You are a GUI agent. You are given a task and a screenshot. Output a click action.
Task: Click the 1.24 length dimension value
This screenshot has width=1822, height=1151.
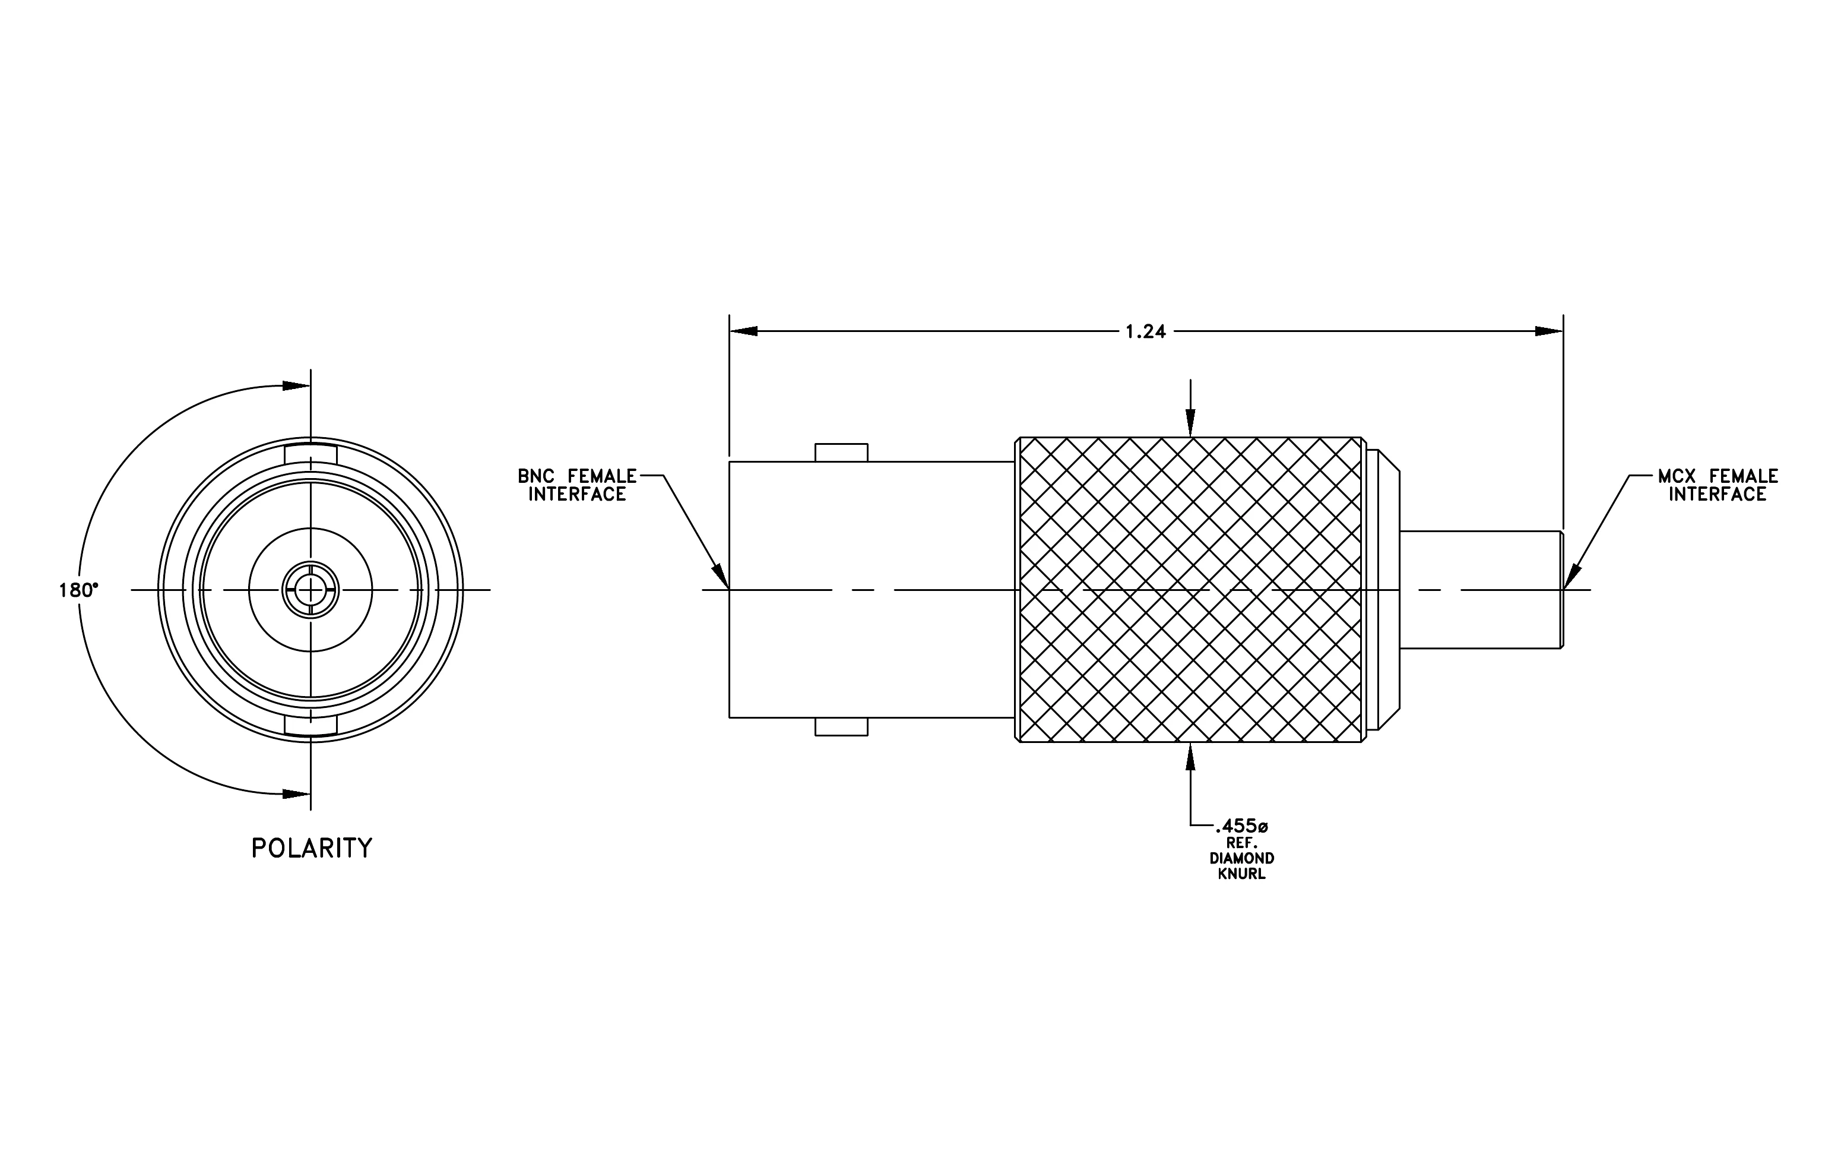pos(1146,331)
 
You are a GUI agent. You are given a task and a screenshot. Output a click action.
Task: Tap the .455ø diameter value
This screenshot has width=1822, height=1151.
pos(1241,826)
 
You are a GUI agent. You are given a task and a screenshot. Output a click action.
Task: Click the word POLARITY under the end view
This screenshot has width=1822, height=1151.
pos(312,848)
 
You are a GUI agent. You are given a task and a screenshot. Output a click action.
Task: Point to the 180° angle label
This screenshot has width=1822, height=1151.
pos(79,590)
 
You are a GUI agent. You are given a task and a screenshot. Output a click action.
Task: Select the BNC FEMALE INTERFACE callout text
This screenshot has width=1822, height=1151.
pos(577,485)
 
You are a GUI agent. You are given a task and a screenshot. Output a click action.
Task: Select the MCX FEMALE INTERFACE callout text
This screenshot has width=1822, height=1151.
pos(1718,485)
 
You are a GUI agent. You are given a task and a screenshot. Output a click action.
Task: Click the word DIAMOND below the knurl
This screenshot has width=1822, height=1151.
pos(1241,858)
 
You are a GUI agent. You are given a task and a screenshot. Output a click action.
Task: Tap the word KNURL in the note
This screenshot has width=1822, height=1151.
pos(1241,874)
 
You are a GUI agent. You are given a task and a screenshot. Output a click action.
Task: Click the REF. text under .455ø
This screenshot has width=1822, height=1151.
pos(1241,842)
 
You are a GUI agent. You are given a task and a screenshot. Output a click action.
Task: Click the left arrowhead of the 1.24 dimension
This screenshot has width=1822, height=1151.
pos(743,331)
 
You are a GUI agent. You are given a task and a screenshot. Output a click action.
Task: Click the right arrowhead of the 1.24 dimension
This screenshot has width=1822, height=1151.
pos(1549,331)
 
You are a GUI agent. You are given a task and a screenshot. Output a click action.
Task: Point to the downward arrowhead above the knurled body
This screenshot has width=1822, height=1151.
pos(1191,423)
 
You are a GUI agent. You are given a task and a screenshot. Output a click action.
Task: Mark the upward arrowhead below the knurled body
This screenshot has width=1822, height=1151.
pos(1191,757)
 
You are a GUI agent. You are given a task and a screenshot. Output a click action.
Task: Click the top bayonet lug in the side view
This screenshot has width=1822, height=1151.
pos(841,453)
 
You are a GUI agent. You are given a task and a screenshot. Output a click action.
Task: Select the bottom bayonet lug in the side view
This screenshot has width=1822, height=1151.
pos(841,726)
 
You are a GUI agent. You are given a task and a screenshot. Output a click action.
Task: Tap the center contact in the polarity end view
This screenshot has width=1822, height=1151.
pos(310,590)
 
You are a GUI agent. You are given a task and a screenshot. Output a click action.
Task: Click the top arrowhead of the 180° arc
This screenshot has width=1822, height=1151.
pos(296,386)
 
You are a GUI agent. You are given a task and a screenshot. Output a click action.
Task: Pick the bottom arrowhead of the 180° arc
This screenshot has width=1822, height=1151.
pos(296,794)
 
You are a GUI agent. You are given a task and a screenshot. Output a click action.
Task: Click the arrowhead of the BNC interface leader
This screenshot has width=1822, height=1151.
pos(723,577)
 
